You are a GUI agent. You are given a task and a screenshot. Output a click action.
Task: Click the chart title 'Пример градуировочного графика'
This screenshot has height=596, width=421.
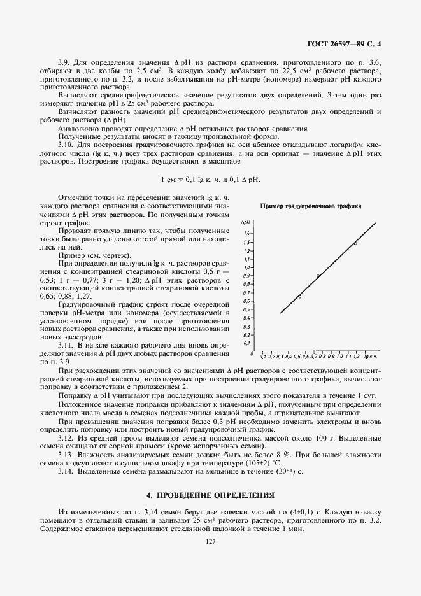[x=311, y=206]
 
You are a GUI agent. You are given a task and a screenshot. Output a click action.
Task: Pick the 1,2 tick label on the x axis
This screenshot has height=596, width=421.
[x=357, y=357]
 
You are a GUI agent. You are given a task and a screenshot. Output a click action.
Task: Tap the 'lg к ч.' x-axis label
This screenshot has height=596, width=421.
[x=371, y=357]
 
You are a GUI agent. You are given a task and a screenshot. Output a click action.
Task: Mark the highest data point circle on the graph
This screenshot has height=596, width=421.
[x=355, y=243]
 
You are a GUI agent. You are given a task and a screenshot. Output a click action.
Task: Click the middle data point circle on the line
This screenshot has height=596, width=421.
[x=318, y=276]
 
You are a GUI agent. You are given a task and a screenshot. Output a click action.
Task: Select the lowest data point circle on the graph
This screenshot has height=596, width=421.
[x=299, y=297]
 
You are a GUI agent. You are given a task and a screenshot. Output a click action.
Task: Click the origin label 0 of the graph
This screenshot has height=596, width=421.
[x=253, y=354]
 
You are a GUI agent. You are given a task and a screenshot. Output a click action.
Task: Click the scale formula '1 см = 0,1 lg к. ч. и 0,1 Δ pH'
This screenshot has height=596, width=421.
[x=210, y=179]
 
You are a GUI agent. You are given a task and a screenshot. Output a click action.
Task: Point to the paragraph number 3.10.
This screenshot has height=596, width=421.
[x=66, y=145]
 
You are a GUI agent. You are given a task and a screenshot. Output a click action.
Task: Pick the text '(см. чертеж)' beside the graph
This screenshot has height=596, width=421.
[x=110, y=255]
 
